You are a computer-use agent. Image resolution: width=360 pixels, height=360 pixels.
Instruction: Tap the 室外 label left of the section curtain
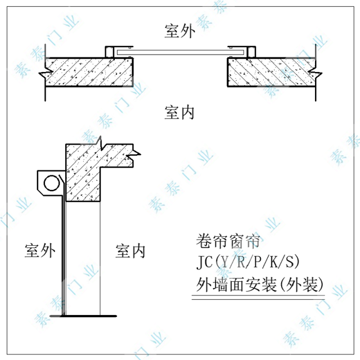(x=40, y=250)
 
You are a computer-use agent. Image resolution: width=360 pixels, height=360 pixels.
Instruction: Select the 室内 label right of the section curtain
(x=130, y=250)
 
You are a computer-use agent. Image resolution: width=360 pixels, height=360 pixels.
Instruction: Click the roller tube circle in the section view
(x=51, y=183)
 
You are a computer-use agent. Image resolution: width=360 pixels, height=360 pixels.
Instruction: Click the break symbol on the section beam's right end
(x=134, y=151)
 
